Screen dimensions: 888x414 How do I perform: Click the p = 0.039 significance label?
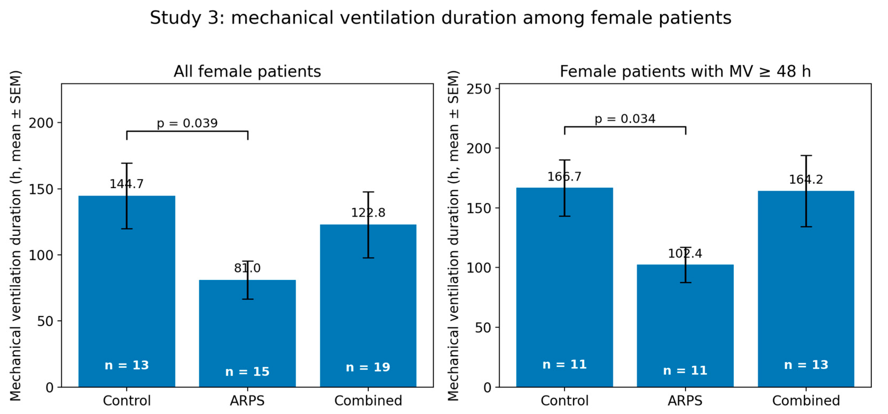click(x=187, y=123)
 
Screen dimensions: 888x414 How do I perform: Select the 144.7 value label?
click(x=127, y=184)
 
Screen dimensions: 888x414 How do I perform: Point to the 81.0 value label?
click(x=247, y=268)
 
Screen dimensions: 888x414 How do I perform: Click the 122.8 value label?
click(x=368, y=213)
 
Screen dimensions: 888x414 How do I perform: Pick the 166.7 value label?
click(x=564, y=177)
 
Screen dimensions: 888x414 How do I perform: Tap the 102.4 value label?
click(x=685, y=254)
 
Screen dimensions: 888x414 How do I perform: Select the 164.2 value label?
click(x=806, y=179)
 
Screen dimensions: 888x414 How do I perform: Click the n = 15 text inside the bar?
click(x=247, y=372)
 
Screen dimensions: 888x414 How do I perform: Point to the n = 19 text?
click(x=368, y=367)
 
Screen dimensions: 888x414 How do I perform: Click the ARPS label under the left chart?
click(x=247, y=400)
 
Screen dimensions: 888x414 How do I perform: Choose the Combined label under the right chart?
click(x=806, y=400)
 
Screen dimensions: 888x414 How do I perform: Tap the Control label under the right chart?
click(x=564, y=400)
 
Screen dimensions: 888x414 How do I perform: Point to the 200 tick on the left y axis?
click(x=42, y=123)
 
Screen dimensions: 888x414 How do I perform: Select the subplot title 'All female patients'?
click(x=247, y=72)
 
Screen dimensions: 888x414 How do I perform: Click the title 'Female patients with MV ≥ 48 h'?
click(x=685, y=72)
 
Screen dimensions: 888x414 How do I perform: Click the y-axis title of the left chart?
click(x=15, y=236)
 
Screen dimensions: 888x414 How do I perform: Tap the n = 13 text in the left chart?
click(x=127, y=365)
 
